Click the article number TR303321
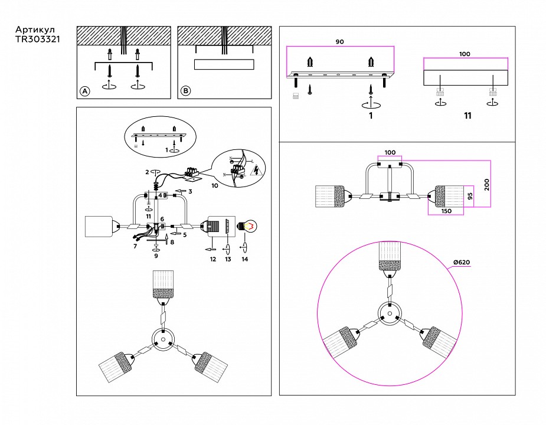click(x=37, y=40)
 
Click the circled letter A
click(x=84, y=91)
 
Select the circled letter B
click(x=185, y=91)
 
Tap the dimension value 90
click(x=339, y=42)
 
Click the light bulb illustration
click(x=247, y=225)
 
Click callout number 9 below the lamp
click(x=156, y=256)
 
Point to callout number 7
click(x=136, y=246)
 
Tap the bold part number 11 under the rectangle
click(x=467, y=116)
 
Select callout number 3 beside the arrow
click(x=191, y=191)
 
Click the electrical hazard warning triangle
click(x=256, y=171)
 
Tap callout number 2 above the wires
click(x=147, y=172)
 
